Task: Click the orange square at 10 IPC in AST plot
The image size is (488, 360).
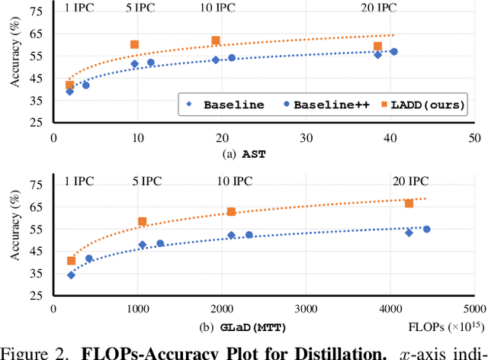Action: point(216,40)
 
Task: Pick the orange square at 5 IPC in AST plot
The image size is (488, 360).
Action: point(135,45)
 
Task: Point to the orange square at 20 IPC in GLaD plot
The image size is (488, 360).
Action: point(409,203)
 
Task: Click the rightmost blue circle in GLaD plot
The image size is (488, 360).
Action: point(426,229)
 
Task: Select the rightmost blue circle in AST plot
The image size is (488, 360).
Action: point(393,52)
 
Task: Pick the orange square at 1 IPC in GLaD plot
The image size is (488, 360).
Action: point(71,261)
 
